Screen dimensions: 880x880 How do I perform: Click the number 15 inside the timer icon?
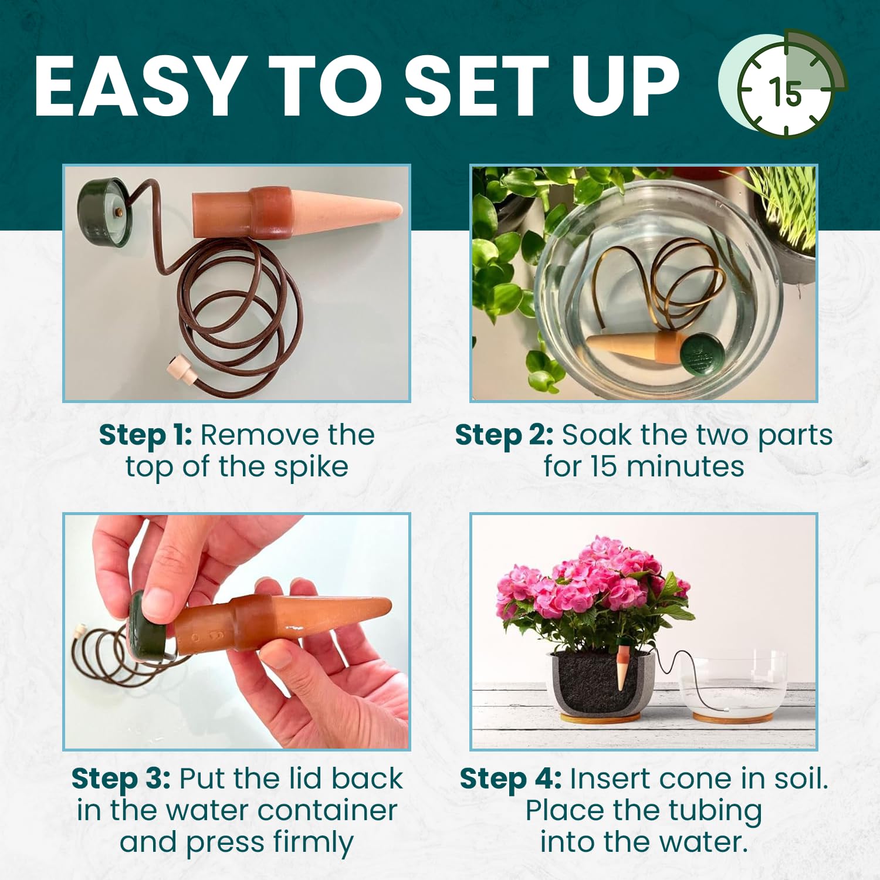(784, 92)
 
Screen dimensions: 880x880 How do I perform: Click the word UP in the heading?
(625, 86)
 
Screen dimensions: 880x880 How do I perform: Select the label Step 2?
(504, 435)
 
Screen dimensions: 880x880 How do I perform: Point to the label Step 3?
(121, 779)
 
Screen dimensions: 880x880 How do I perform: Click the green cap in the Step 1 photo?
(103, 212)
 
